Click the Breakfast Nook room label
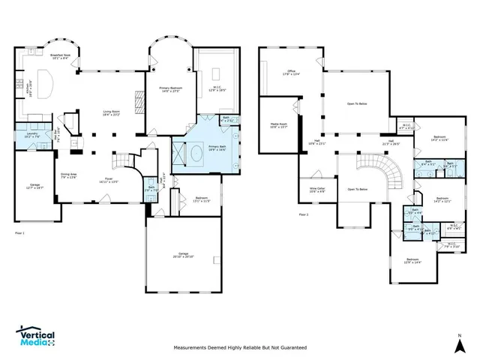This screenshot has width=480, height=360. tap(60, 56)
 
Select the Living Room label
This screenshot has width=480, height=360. tap(112, 113)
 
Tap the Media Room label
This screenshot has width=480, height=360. tap(277, 125)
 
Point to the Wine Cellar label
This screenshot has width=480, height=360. tap(317, 190)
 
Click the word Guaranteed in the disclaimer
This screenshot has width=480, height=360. tap(289, 348)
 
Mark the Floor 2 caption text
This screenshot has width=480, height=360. tap(304, 215)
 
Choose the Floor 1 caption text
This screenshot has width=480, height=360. tap(20, 233)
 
